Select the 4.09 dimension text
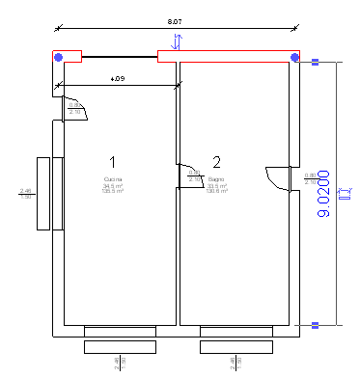coord(117,78)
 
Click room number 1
coord(113,161)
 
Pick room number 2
coord(216,161)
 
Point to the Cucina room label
coord(113,179)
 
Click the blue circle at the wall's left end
coord(59,58)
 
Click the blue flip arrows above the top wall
coord(175,40)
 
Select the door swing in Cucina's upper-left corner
coord(75,109)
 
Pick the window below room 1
coord(120,338)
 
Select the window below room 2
coord(236,338)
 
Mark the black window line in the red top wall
coord(120,57)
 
